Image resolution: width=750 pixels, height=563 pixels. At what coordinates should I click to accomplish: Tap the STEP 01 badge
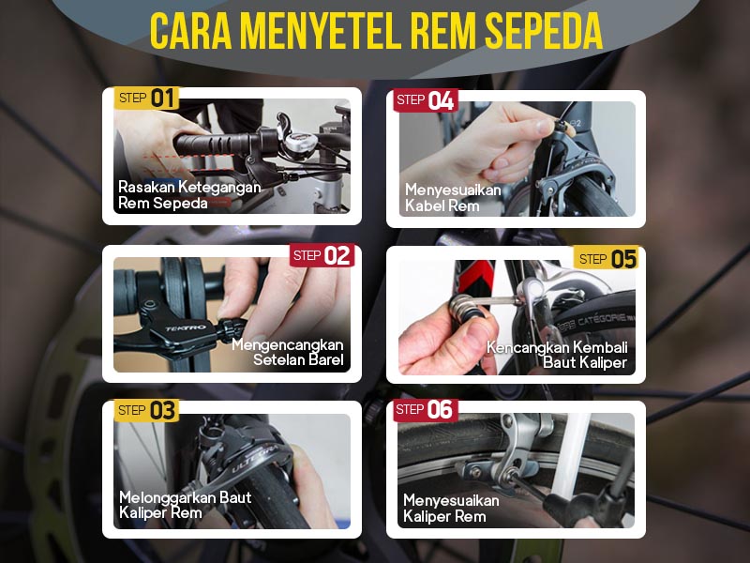pyautogui.click(x=146, y=98)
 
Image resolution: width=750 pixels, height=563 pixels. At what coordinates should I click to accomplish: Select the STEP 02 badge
pyautogui.click(x=322, y=255)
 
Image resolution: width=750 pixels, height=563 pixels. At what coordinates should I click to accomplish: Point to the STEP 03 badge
pyautogui.click(x=146, y=410)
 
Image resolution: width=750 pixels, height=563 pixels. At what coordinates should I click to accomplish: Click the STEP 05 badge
pyautogui.click(x=607, y=259)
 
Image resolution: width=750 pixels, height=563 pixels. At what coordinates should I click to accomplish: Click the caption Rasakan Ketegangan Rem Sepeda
pyautogui.click(x=188, y=195)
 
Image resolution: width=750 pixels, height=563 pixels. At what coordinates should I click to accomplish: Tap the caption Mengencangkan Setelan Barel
pyautogui.click(x=288, y=352)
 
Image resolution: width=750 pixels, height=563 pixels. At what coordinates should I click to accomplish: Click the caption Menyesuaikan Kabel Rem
pyautogui.click(x=452, y=198)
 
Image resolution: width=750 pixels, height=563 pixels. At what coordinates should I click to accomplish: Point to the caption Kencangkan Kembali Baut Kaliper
pyautogui.click(x=557, y=355)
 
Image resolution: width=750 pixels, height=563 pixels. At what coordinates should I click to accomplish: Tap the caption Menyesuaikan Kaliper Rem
pyautogui.click(x=451, y=509)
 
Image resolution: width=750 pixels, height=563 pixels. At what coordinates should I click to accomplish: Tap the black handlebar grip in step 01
pyautogui.click(x=207, y=145)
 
